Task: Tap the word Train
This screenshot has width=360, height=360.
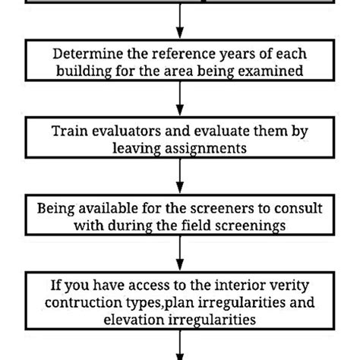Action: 68,131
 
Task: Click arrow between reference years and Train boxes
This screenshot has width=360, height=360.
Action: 180,96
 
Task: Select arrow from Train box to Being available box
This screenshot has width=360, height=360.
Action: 180,175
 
